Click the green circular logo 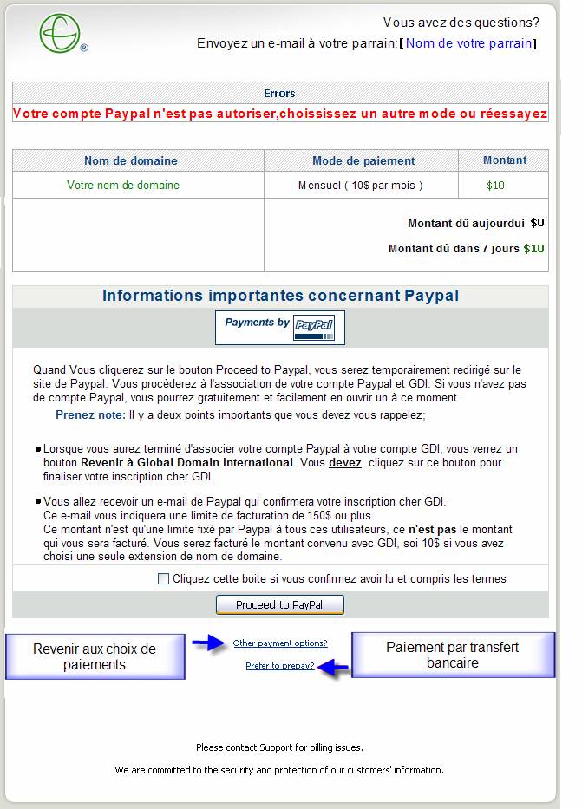click(x=60, y=34)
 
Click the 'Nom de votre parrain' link click(x=468, y=43)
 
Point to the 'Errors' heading click(x=279, y=93)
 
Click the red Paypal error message click(x=280, y=114)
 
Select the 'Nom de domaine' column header click(x=131, y=160)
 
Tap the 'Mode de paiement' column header click(x=363, y=160)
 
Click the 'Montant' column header click(x=505, y=160)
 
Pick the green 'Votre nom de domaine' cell click(x=123, y=185)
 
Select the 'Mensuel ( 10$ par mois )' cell click(x=361, y=185)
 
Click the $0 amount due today click(x=537, y=223)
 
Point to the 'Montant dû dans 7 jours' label click(x=454, y=249)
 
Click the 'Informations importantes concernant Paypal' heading click(x=280, y=296)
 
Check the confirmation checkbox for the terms click(x=163, y=579)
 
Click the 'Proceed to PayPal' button click(x=279, y=604)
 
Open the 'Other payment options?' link click(x=280, y=643)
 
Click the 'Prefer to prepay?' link click(x=280, y=666)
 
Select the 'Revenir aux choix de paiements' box click(x=95, y=656)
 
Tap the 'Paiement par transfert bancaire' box click(x=452, y=655)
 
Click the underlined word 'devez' click(x=345, y=463)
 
